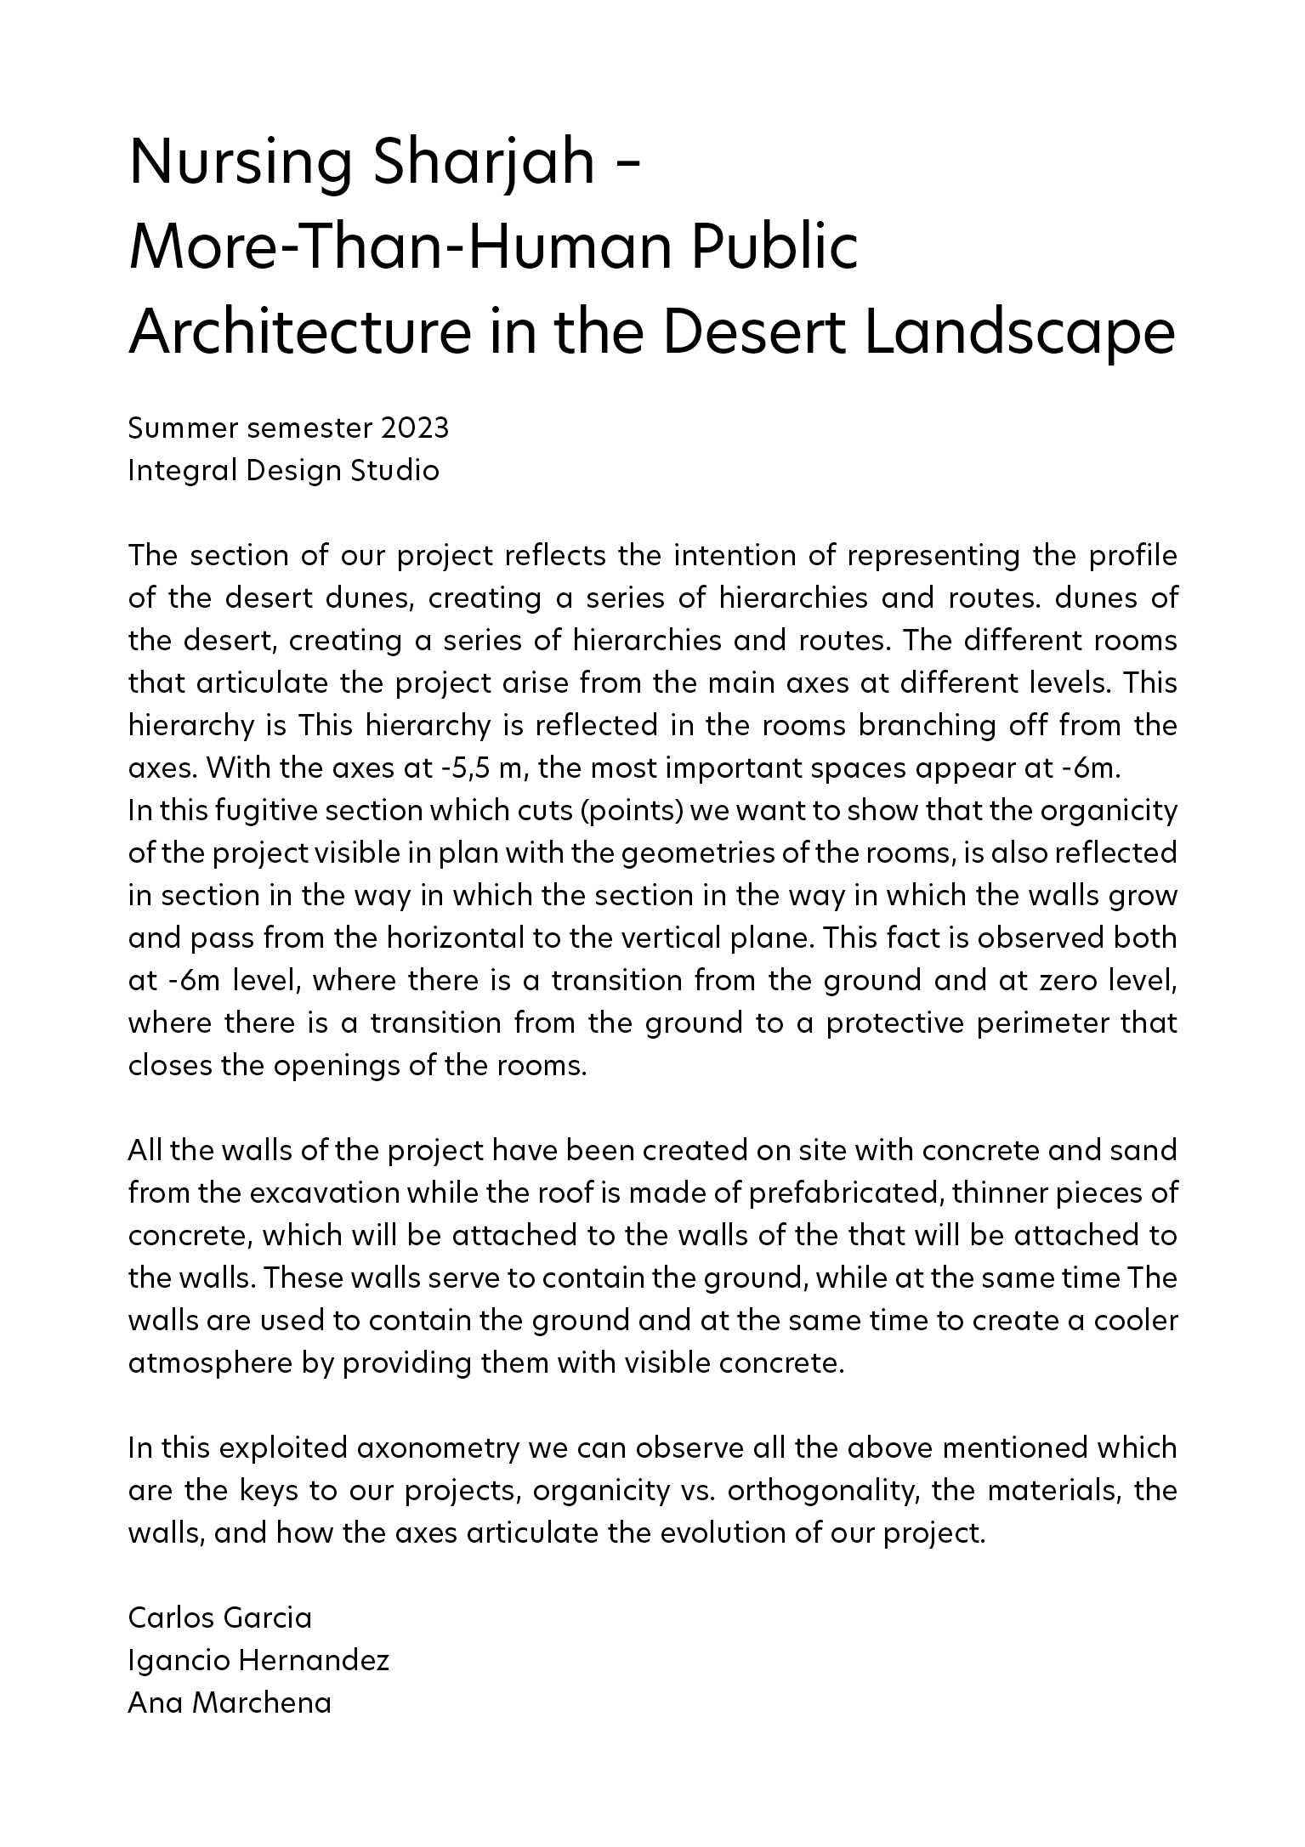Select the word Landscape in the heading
pos(1020,333)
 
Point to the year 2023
pos(415,428)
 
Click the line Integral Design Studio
pos(283,470)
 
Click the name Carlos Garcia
pos(219,1618)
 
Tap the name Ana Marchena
pos(229,1703)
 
